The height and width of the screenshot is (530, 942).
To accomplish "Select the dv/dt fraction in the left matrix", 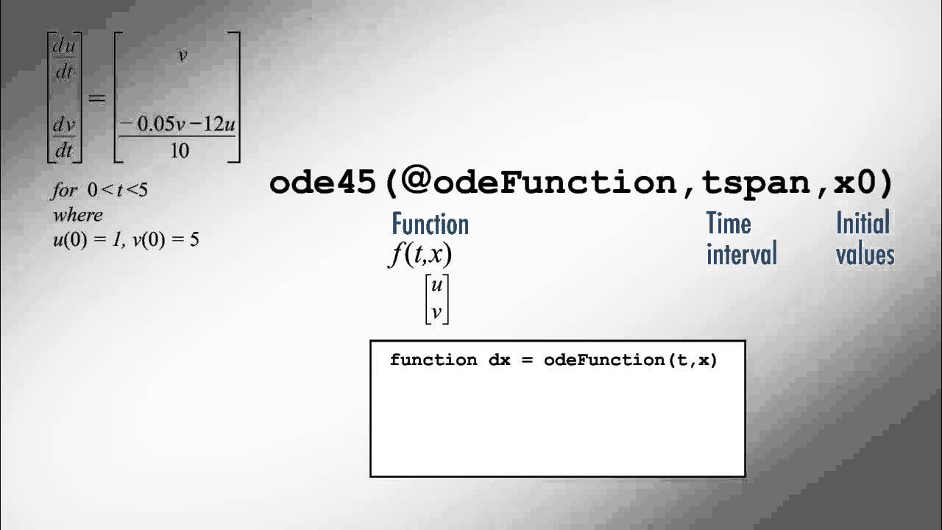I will point(64,137).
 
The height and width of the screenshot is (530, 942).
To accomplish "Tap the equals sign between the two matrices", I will point(97,99).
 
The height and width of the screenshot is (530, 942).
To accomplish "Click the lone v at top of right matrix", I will point(183,56).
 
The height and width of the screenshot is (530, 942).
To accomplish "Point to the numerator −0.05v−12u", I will point(177,124).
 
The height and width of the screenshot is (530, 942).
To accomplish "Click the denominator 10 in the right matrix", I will point(179,151).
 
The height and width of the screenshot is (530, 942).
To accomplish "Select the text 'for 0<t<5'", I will point(100,190).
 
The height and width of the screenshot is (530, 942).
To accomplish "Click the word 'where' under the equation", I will point(78,215).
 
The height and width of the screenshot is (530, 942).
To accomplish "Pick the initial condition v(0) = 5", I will point(166,240).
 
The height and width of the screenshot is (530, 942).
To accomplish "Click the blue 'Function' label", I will point(430,224).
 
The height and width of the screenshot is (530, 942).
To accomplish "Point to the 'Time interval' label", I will point(741,239).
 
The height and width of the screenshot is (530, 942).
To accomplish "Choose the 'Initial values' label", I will point(865,239).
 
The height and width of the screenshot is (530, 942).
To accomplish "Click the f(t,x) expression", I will point(420,255).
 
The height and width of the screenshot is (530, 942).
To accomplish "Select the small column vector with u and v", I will point(437,299).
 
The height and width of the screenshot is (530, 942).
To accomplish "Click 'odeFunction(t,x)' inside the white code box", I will point(630,360).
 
